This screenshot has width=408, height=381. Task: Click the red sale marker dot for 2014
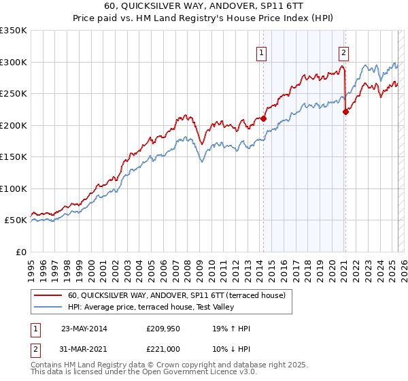[x=264, y=118]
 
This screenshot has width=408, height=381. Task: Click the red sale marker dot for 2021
[x=345, y=112]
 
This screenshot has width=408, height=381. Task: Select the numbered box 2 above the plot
[x=344, y=52]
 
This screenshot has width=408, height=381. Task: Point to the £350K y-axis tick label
[x=14, y=31]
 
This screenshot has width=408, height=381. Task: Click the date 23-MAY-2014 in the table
[x=84, y=329]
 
